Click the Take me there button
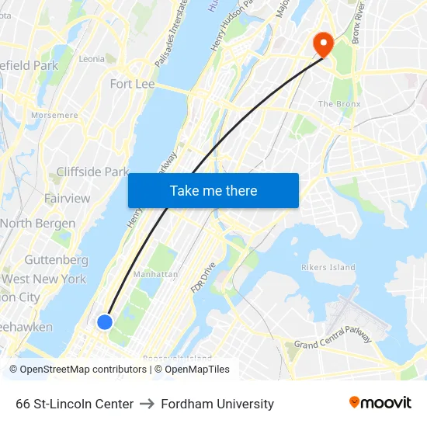coord(213,191)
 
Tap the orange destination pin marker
coord(321,43)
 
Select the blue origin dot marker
coord(105,321)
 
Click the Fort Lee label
coord(132,84)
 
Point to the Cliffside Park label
coord(92,172)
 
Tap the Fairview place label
coord(67,199)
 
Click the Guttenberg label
coord(56,260)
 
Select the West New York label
coord(44,279)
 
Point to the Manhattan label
coord(155,274)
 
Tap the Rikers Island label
coord(328,268)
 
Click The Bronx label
coord(335,104)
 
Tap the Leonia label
coord(91,59)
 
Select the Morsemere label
coord(54,115)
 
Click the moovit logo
coord(380,403)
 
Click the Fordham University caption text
coord(217,404)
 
